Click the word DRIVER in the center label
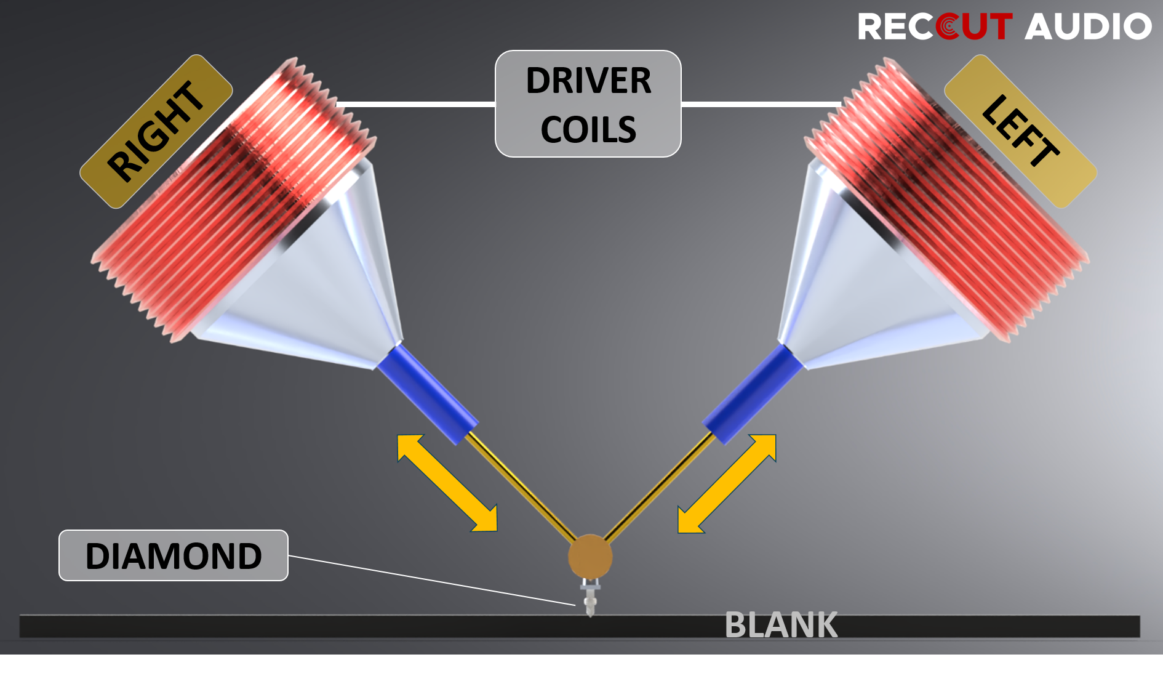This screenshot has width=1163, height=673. tap(588, 81)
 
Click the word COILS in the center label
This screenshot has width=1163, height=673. tap(588, 129)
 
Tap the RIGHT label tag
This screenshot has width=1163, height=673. tap(156, 131)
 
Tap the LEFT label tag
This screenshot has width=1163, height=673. tap(1020, 131)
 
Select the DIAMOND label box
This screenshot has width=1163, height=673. tap(174, 555)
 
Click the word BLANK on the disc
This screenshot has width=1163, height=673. tap(781, 625)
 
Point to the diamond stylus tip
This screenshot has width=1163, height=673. tap(590, 610)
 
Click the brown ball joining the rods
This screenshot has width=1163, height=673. tap(589, 556)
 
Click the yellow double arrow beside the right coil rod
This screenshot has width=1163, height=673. tap(447, 483)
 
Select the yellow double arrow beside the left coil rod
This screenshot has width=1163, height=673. tap(727, 483)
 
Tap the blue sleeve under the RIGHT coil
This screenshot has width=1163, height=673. tap(427, 394)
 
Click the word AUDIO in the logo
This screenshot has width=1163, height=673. tap(1087, 27)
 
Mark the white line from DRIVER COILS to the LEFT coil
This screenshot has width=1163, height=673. tap(761, 104)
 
